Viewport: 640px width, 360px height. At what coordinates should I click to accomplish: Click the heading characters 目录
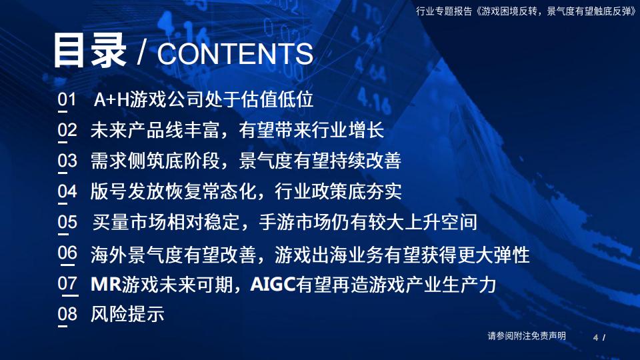[x=89, y=50]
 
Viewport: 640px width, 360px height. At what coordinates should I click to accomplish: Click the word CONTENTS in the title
[x=235, y=54]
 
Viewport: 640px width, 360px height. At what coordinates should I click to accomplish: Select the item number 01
[x=67, y=101]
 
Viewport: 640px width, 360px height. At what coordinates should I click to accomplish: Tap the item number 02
[x=67, y=131]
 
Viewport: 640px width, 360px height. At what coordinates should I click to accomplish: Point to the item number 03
[x=67, y=161]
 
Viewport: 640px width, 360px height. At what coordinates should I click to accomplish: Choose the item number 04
[x=67, y=191]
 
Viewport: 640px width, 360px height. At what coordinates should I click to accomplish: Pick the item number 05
[x=67, y=222]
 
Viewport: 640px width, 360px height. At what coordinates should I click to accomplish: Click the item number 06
[x=67, y=253]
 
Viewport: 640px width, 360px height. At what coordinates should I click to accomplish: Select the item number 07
[x=67, y=283]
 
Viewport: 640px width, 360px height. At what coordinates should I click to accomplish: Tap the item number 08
[x=67, y=314]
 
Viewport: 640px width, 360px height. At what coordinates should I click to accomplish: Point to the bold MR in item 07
[x=105, y=284]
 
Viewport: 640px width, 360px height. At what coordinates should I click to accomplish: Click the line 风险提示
[x=127, y=314]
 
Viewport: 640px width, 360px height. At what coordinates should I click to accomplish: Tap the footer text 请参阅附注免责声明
[x=527, y=336]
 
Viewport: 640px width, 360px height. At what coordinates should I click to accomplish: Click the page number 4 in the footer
[x=595, y=337]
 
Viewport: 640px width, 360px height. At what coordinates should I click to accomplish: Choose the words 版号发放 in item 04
[x=127, y=191]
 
